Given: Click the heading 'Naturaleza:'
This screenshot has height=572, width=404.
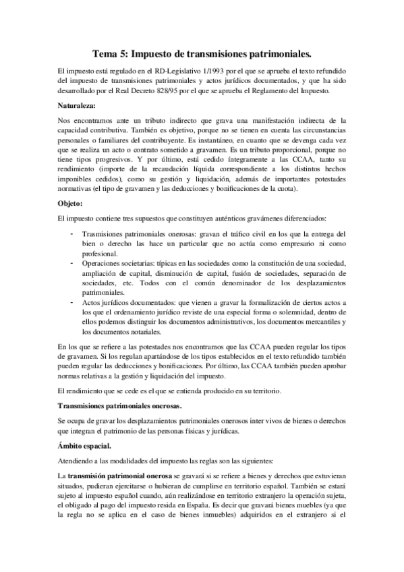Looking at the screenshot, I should point(78,105).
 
